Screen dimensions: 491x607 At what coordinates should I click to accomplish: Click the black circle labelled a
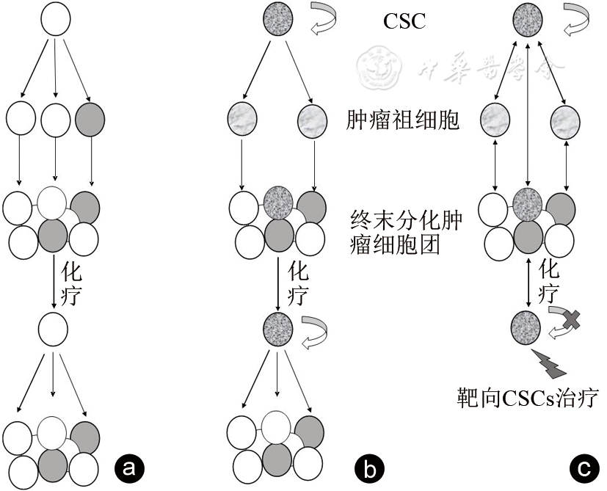(129, 467)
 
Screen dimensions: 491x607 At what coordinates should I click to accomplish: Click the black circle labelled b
(366, 467)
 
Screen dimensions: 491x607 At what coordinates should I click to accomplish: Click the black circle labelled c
(583, 467)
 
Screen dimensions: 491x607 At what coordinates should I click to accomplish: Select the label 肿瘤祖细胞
(403, 119)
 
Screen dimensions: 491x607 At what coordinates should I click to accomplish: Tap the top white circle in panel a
(55, 20)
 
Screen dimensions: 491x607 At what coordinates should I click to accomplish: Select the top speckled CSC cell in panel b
(278, 21)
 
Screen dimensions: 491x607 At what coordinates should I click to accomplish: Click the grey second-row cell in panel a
(92, 117)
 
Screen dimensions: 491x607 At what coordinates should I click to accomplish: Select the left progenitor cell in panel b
(243, 118)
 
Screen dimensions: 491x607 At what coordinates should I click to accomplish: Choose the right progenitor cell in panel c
(566, 118)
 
